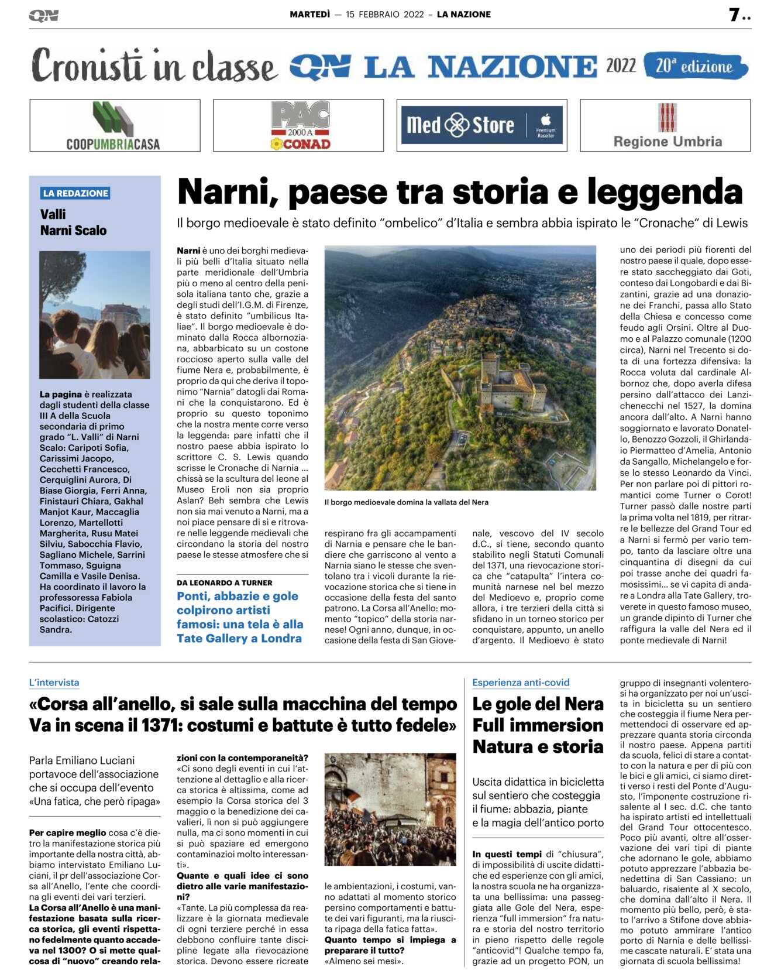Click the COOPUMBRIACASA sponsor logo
[115, 126]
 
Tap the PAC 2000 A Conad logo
[300, 126]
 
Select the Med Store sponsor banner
[482, 125]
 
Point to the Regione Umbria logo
[667, 126]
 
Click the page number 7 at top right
[735, 15]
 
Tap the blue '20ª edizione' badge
[695, 66]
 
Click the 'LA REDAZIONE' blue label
[75, 193]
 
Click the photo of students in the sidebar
[95, 314]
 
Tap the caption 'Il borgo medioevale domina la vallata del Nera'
[407, 502]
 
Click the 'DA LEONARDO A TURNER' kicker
[225, 582]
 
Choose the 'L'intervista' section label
[54, 682]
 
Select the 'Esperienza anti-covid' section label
[521, 682]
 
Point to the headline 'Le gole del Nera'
[538, 704]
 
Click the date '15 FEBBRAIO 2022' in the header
[384, 14]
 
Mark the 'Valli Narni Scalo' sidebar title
[74, 222]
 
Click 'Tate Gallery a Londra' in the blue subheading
[239, 638]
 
